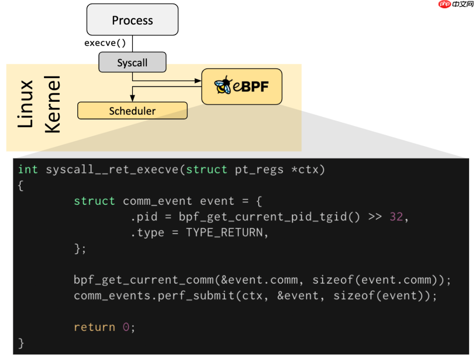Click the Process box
132,20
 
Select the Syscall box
132,62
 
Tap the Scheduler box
132,111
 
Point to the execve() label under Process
105,43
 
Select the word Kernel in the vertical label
53,104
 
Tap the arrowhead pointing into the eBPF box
198,81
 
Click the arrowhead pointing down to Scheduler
132,100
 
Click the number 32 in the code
396,217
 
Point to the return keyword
94,327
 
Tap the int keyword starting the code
28,170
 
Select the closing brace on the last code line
21,342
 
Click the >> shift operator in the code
375,217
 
